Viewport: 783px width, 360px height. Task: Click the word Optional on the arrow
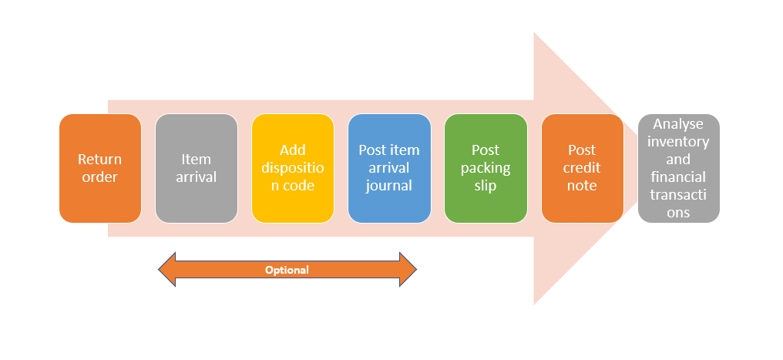click(287, 271)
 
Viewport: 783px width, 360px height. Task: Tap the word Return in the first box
click(100, 160)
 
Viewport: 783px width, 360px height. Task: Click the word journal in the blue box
click(389, 185)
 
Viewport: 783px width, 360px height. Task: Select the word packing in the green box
click(486, 167)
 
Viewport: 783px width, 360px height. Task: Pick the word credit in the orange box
click(583, 167)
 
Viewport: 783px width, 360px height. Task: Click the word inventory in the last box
click(679, 141)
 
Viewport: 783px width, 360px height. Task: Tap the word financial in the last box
click(679, 177)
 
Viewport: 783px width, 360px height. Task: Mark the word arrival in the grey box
click(197, 177)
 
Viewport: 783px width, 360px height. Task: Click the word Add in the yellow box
click(293, 150)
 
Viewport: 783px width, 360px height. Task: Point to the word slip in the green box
click(486, 185)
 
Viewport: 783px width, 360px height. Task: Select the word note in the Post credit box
click(583, 185)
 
